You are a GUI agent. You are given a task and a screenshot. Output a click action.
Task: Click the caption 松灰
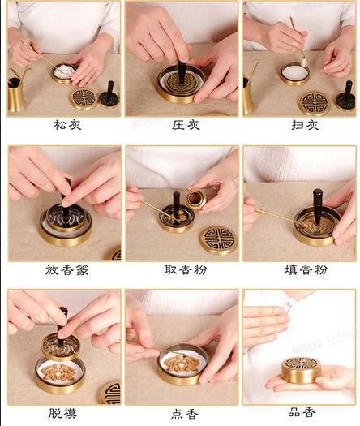tap(63, 126)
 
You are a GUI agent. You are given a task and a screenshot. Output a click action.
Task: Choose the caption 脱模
tap(63, 413)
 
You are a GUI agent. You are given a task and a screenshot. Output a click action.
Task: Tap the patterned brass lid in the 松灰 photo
tap(83, 99)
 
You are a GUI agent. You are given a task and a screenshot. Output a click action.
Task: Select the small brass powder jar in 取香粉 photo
tap(196, 199)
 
